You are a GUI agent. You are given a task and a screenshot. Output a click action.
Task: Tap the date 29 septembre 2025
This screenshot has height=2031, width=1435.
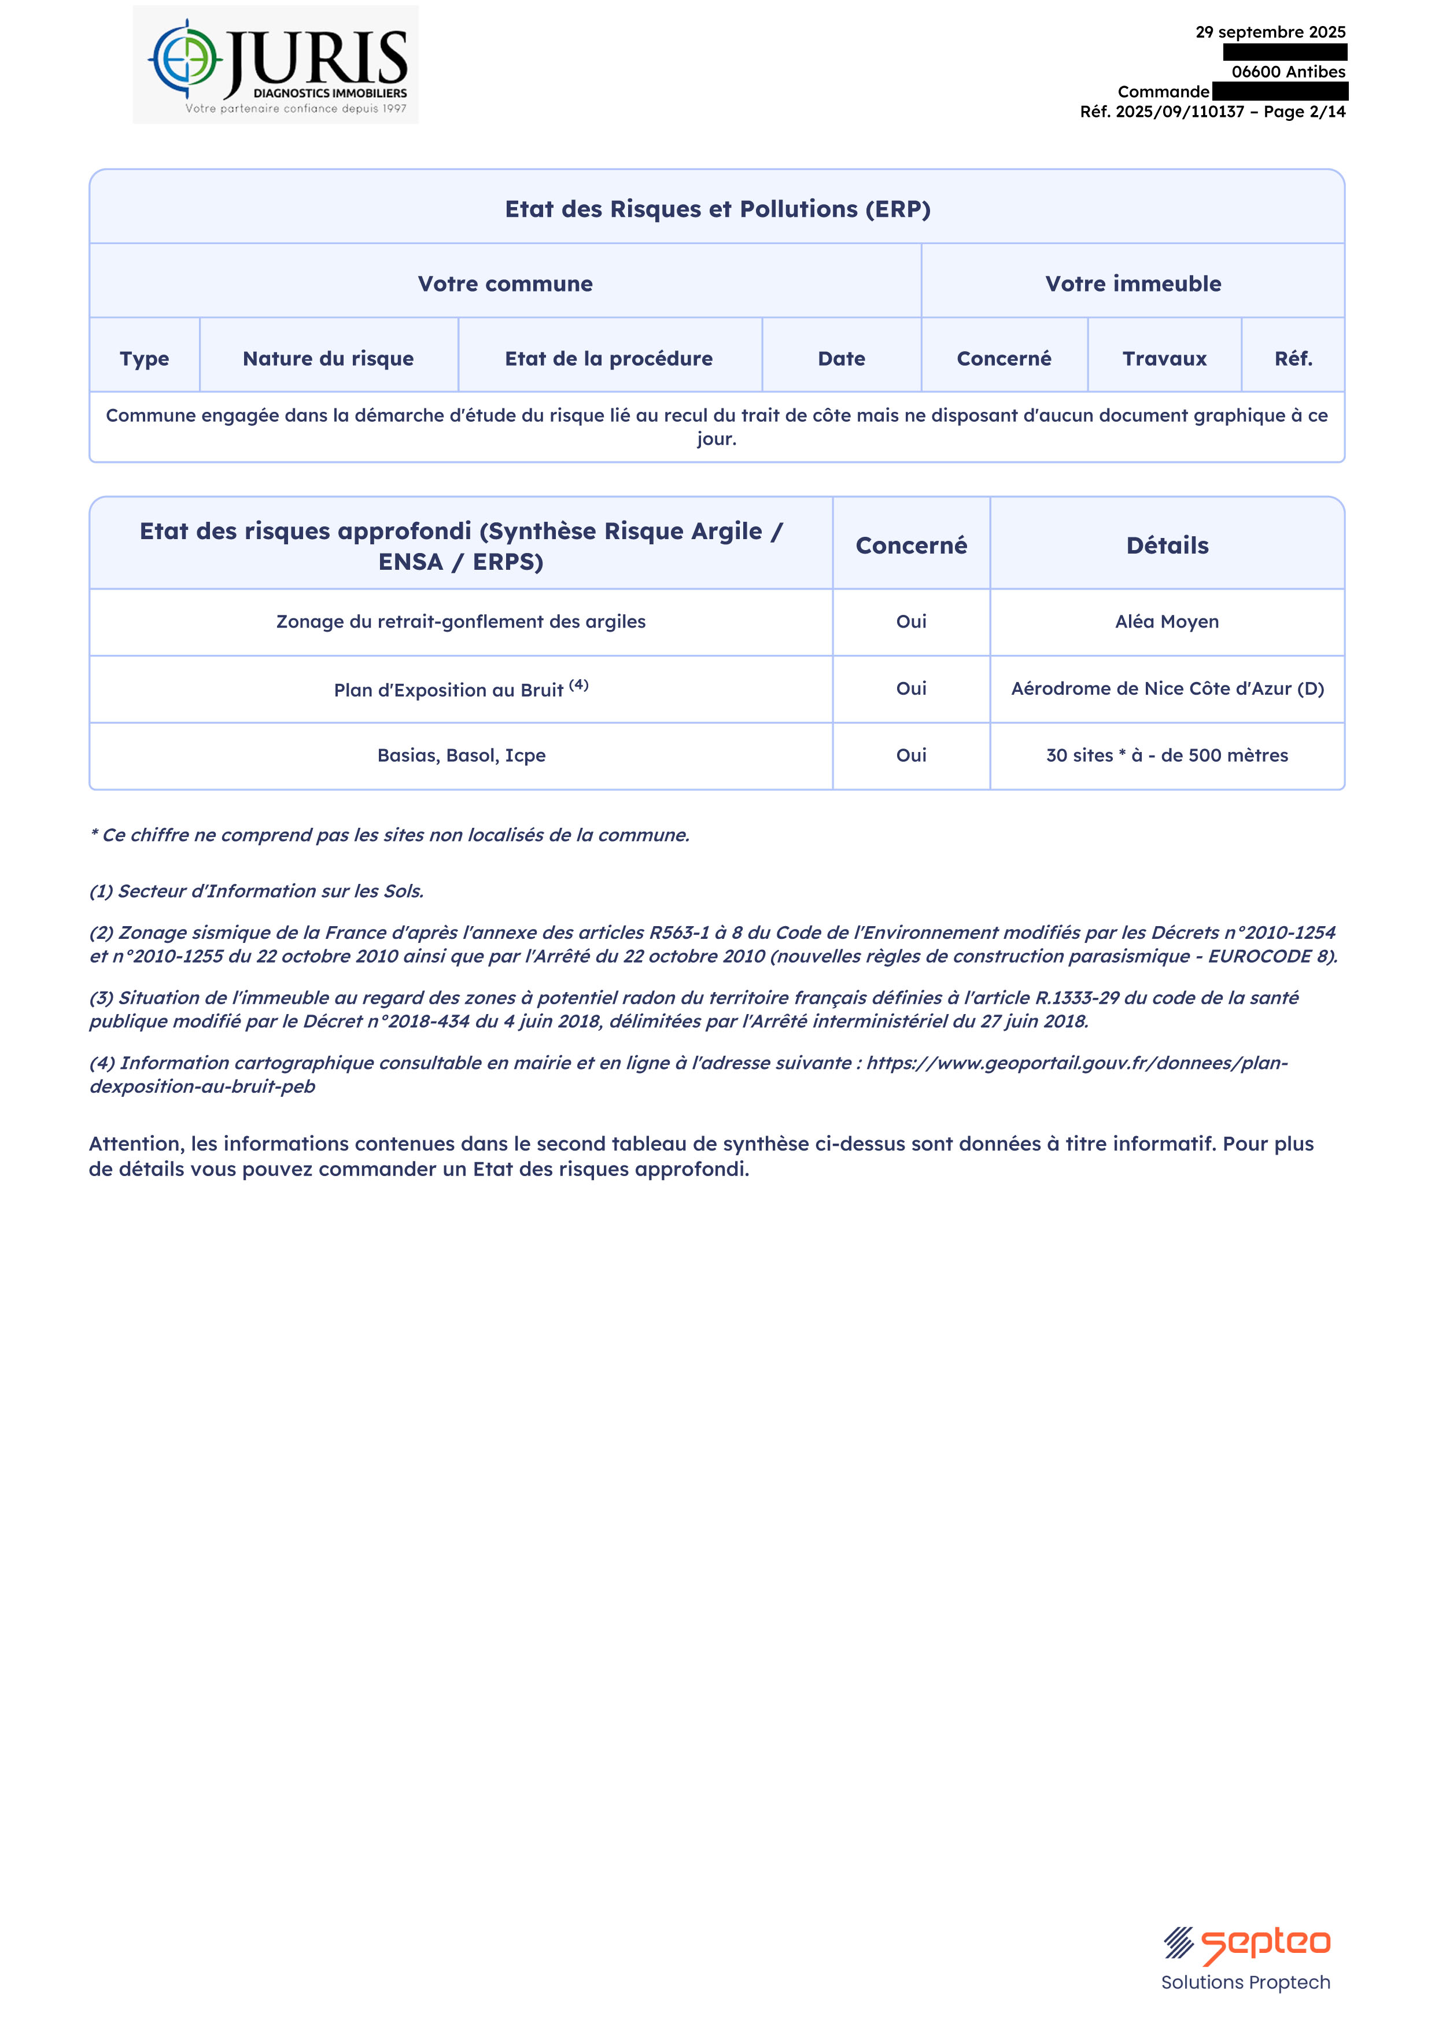[x=1270, y=32]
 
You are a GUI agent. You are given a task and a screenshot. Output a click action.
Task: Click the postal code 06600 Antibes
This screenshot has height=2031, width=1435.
[x=1288, y=72]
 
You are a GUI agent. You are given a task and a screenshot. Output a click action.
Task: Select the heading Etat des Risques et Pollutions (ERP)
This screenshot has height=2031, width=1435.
[x=717, y=209]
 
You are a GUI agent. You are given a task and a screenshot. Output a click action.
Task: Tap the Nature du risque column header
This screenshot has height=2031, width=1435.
[x=328, y=358]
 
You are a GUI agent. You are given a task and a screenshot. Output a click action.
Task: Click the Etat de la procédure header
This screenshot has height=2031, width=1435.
[x=608, y=358]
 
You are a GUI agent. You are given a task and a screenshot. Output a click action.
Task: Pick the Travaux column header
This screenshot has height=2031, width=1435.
[x=1164, y=358]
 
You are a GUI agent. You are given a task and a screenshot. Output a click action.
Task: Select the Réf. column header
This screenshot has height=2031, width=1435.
[x=1293, y=358]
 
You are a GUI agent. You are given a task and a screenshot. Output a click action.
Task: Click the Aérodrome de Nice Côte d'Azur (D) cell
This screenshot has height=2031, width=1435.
[x=1167, y=688]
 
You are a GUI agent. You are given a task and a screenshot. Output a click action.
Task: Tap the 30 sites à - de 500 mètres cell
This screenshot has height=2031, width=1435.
[x=1167, y=755]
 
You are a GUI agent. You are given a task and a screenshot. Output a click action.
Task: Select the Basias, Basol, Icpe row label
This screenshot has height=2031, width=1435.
[x=461, y=755]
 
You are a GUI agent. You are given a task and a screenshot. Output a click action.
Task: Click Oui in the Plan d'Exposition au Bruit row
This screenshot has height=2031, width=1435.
[x=911, y=688]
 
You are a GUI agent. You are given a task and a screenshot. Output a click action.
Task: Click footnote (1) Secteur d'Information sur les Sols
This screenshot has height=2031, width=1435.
[x=257, y=891]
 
